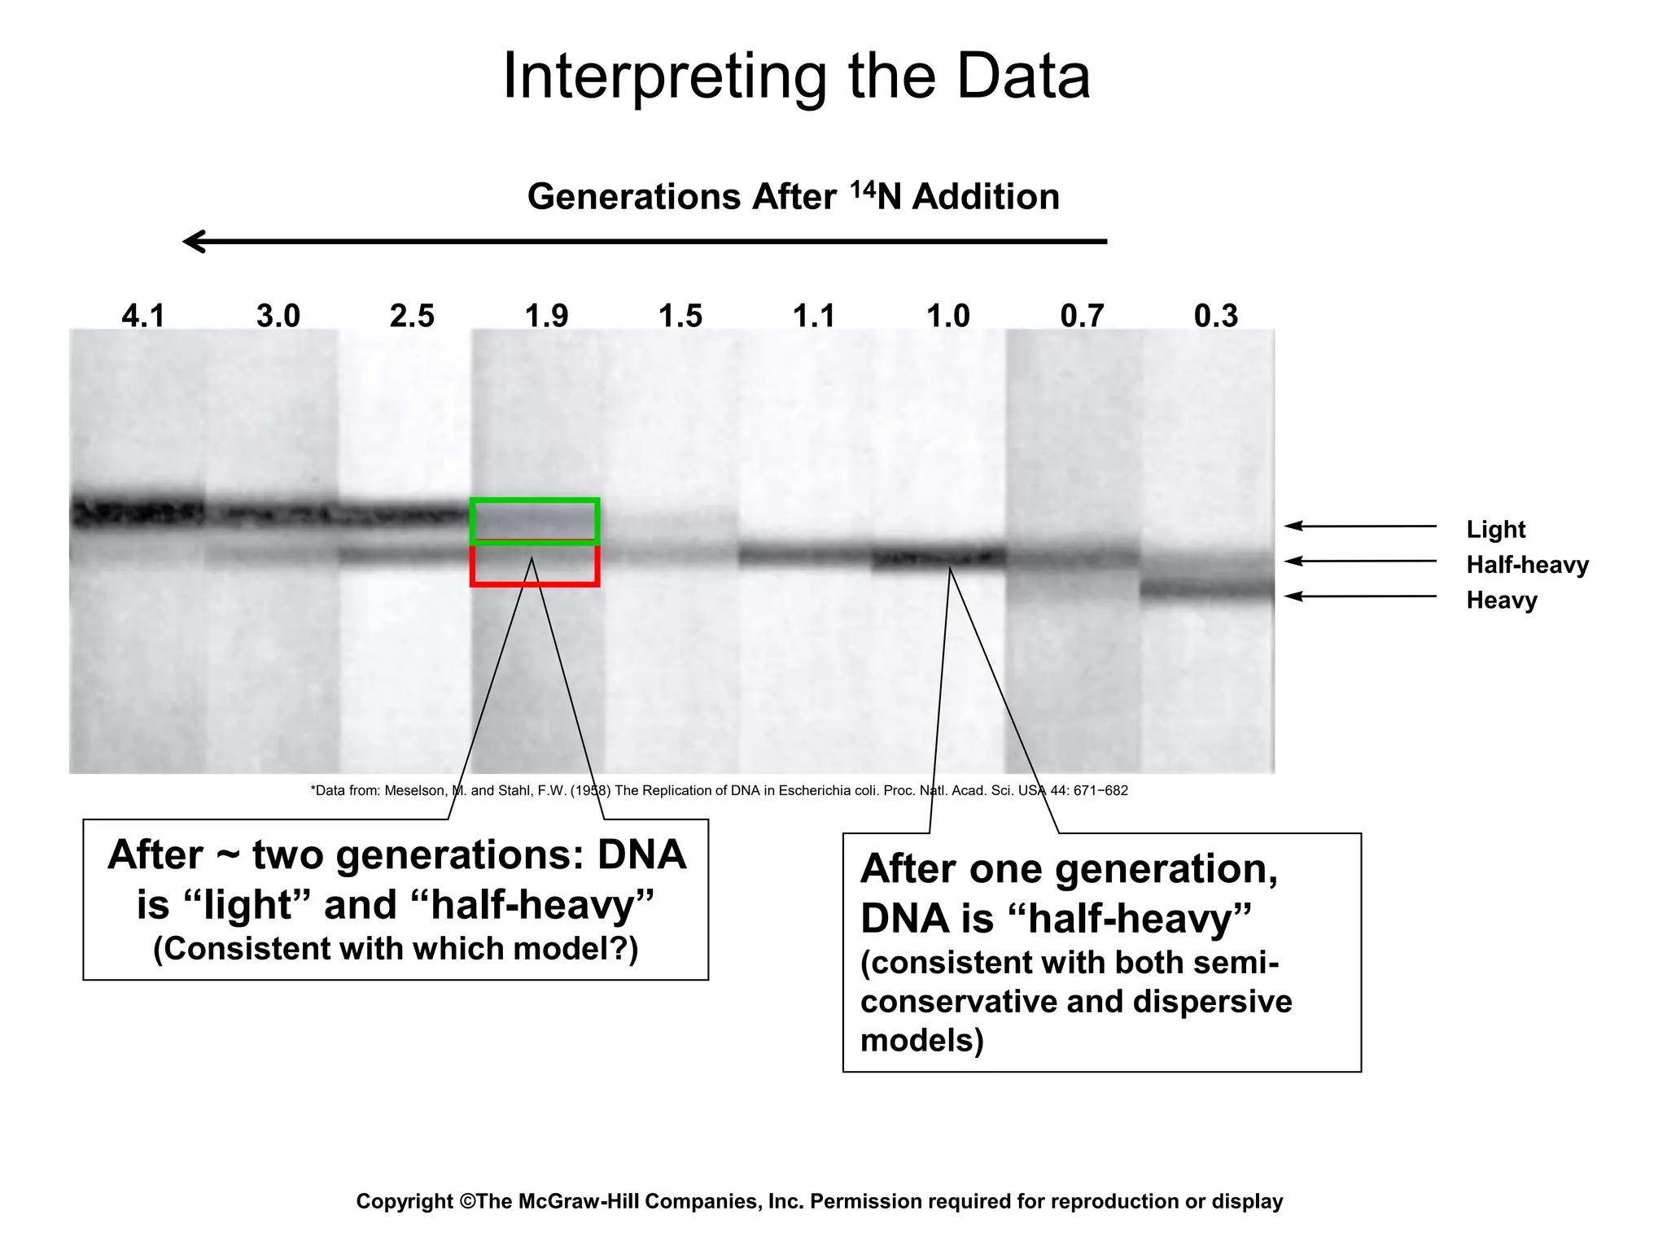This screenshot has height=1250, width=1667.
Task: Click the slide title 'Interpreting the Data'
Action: coord(796,76)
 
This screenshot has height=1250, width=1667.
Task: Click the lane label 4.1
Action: coord(143,316)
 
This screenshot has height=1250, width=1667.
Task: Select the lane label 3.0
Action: coord(278,316)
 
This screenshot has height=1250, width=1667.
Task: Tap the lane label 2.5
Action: coord(412,316)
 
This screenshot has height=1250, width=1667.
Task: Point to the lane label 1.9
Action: coord(546,316)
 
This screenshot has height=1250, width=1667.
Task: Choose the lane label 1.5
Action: coord(680,316)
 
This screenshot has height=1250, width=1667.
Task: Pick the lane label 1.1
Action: coord(814,316)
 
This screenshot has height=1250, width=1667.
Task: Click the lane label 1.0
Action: coord(948,316)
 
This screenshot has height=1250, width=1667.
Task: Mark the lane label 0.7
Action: coord(1082,316)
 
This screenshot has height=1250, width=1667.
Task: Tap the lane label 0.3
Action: coord(1216,316)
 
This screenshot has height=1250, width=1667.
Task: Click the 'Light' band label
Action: coord(1495,529)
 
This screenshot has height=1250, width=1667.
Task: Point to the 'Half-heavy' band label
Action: coord(1527,565)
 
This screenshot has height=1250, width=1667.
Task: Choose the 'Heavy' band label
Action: coord(1502,601)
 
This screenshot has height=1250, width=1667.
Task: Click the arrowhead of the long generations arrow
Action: coord(192,242)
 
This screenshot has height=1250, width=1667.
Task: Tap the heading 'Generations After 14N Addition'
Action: coord(793,197)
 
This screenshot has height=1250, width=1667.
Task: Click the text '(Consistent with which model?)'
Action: coord(396,949)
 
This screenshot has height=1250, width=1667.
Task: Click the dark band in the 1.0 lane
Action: coord(939,558)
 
